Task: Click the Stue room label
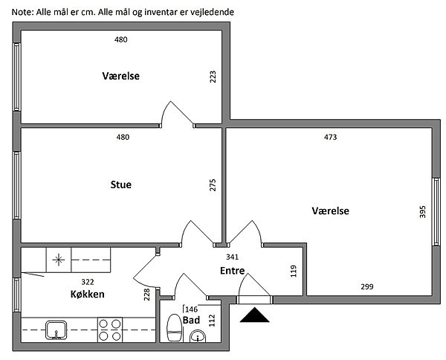click(x=120, y=185)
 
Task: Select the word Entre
click(x=233, y=272)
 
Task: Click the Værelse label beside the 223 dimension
click(x=121, y=76)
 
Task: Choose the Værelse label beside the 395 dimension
click(x=330, y=211)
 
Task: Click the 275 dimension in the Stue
click(x=213, y=186)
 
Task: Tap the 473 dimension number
click(x=331, y=137)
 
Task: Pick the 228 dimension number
click(x=147, y=294)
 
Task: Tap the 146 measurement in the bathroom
click(x=190, y=309)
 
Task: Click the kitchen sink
click(x=55, y=329)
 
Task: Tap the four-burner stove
click(x=111, y=329)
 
